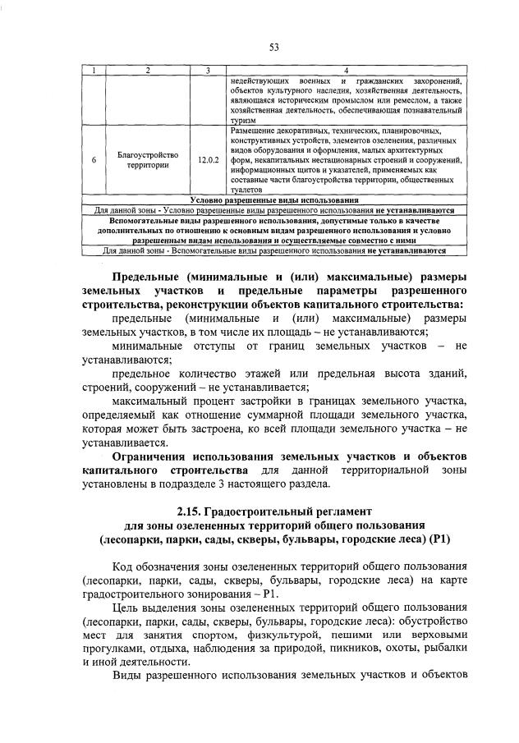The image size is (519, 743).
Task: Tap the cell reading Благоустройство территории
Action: pos(148,159)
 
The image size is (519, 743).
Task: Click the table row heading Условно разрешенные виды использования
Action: pos(274,200)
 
